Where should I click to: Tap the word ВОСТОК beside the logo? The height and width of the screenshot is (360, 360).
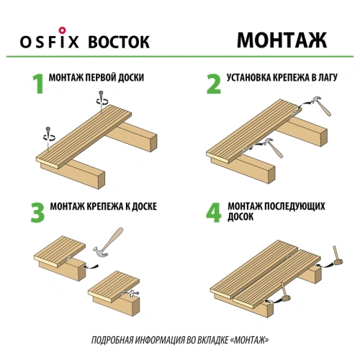click(119, 41)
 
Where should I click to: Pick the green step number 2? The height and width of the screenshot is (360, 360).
click(213, 84)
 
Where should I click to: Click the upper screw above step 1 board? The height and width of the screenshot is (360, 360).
click(106, 99)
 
